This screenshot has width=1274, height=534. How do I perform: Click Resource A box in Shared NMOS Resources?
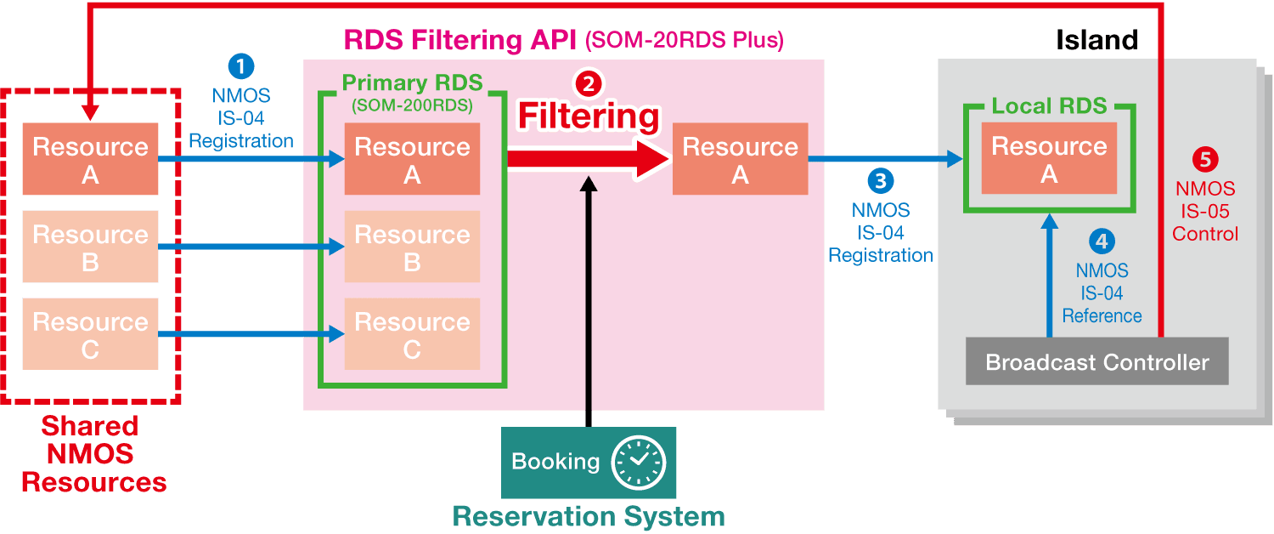coord(90,160)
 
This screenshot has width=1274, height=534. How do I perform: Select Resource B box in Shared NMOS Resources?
coord(90,247)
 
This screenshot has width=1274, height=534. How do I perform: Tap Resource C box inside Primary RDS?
coord(412,334)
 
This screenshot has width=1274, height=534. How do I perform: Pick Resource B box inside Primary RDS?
coord(412,247)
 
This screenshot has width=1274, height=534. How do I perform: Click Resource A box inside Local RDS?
coord(1049,159)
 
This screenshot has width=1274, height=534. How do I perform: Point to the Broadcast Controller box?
coord(1096,361)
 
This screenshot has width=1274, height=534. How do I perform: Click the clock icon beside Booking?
coord(639,463)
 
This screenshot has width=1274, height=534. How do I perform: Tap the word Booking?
coord(555,462)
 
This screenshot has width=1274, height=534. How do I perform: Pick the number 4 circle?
coord(1102,241)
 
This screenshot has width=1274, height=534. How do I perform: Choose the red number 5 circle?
coord(1205,159)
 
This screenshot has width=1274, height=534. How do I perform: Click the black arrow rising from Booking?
coord(587,298)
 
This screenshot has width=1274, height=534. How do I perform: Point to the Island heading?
coord(1096,40)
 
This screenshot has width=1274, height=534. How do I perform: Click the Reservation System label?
coord(589,516)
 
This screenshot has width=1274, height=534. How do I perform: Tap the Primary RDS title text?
coord(412,83)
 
